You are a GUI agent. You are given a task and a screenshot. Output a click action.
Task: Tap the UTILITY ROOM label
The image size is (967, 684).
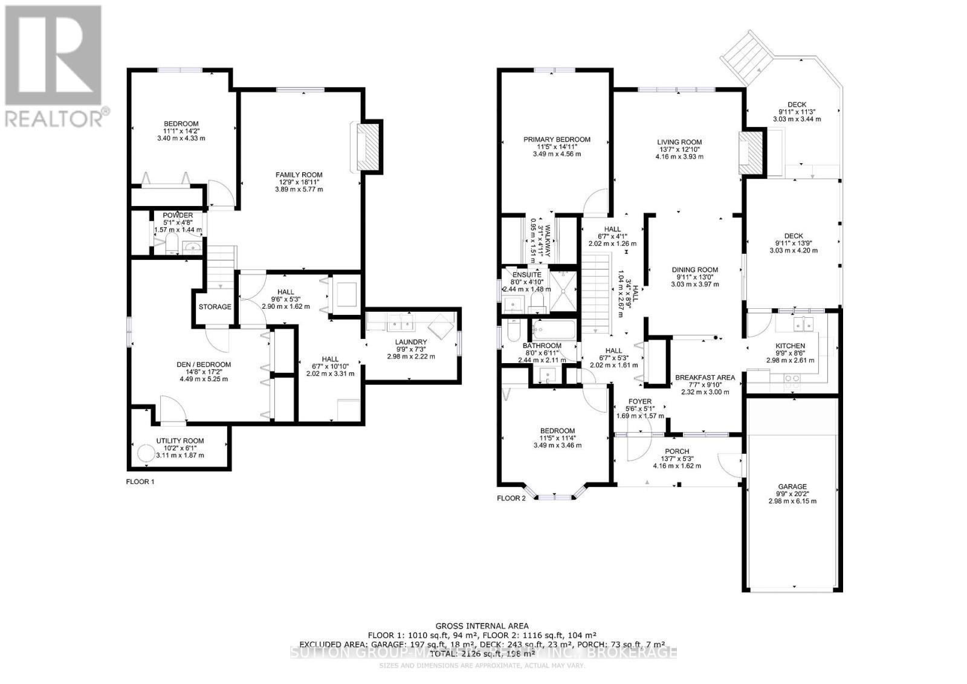click(x=179, y=440)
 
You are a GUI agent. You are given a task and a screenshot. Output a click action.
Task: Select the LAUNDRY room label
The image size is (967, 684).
click(x=411, y=342)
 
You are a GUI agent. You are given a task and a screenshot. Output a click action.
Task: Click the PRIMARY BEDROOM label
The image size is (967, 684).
click(x=557, y=139)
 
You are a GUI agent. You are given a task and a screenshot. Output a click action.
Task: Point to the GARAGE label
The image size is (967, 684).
click(x=792, y=486)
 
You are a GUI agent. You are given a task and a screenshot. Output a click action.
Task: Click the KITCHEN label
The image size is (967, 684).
click(x=790, y=346)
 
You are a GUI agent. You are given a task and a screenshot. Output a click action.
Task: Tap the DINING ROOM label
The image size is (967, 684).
click(x=695, y=269)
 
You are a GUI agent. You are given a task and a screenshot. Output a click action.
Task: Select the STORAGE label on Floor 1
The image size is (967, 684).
click(x=215, y=306)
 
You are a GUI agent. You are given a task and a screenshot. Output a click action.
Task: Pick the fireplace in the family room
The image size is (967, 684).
click(x=367, y=147)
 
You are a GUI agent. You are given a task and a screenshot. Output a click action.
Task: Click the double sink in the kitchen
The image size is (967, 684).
click(x=804, y=324)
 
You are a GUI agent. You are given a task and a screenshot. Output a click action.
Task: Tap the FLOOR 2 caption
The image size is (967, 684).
click(x=511, y=498)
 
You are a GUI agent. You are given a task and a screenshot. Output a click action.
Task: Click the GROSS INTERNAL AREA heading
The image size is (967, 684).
click(x=482, y=625)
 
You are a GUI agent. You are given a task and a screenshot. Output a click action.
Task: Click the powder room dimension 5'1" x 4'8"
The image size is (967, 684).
click(x=178, y=222)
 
